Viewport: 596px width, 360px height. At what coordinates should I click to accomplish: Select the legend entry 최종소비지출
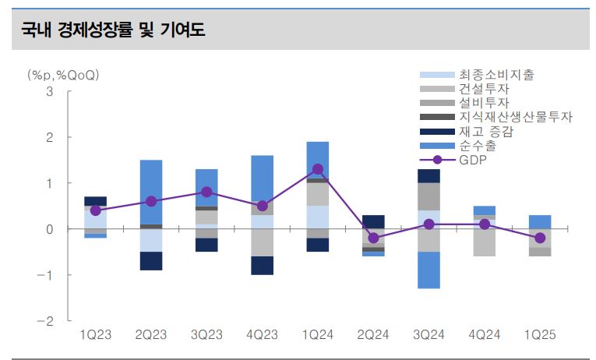(x=496, y=75)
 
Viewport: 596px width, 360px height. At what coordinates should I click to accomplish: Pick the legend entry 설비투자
(x=484, y=103)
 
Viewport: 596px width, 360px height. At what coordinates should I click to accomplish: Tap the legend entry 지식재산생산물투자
(x=515, y=117)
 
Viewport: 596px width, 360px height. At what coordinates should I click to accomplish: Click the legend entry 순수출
(x=477, y=145)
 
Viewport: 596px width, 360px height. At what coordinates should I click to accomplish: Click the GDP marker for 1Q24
(x=318, y=169)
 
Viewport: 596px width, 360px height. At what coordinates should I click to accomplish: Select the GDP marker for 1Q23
(x=96, y=210)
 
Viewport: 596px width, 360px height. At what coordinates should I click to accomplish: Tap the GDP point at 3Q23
(x=206, y=192)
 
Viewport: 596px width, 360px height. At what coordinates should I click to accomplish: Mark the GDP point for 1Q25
(x=540, y=238)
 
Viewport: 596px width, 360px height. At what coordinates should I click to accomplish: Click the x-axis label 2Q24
(x=373, y=335)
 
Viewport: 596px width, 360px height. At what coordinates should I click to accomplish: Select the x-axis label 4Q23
(x=262, y=335)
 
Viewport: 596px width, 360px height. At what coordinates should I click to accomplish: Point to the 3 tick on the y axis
(x=50, y=91)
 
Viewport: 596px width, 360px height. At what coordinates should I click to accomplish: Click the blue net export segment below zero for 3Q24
(x=429, y=270)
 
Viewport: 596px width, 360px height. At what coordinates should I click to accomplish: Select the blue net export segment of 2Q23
(x=151, y=192)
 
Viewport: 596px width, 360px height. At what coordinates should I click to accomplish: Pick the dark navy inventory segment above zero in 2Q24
(x=373, y=222)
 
